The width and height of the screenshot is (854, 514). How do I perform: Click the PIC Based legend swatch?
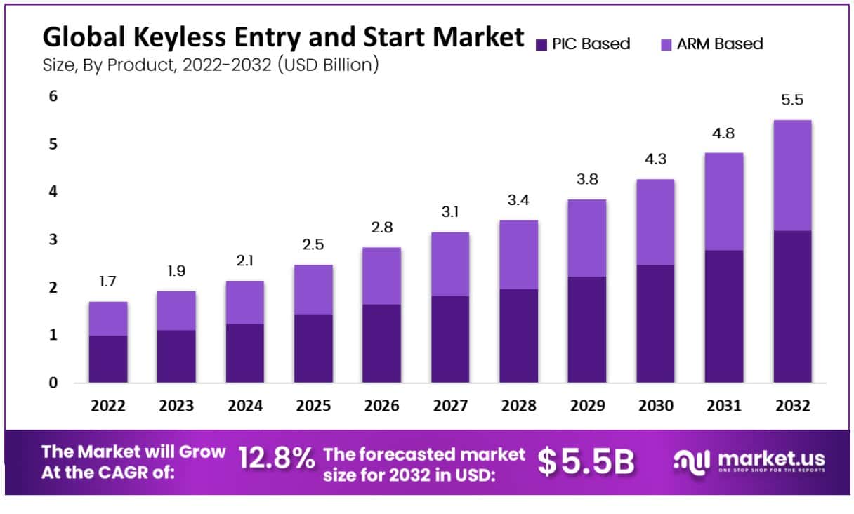[x=541, y=45]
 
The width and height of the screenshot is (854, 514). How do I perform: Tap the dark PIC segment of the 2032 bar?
[x=792, y=306]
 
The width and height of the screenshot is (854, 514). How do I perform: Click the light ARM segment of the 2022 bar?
[x=108, y=319]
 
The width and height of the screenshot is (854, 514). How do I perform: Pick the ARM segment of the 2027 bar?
[x=450, y=264]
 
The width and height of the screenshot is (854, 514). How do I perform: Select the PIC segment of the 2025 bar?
[x=313, y=348]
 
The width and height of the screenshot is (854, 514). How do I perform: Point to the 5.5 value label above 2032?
[x=791, y=100]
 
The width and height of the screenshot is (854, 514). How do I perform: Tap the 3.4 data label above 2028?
[x=518, y=201]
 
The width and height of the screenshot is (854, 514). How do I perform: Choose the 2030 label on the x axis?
[x=655, y=406]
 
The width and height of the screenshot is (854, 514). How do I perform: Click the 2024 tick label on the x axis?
[x=244, y=406]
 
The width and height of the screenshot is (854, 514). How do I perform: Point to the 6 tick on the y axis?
[x=53, y=96]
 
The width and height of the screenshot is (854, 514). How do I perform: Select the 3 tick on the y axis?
[x=53, y=239]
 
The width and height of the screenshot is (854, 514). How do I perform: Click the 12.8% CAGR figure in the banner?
[x=276, y=460]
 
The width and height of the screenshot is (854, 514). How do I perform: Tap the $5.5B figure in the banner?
[x=586, y=461]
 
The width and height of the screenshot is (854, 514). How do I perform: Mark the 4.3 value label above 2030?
[x=655, y=160]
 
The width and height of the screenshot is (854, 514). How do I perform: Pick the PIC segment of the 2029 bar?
[x=587, y=329]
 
